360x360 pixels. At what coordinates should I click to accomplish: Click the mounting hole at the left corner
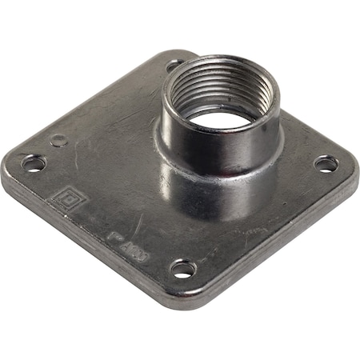point(34,163)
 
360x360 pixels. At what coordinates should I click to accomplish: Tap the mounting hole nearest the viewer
point(182,269)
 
